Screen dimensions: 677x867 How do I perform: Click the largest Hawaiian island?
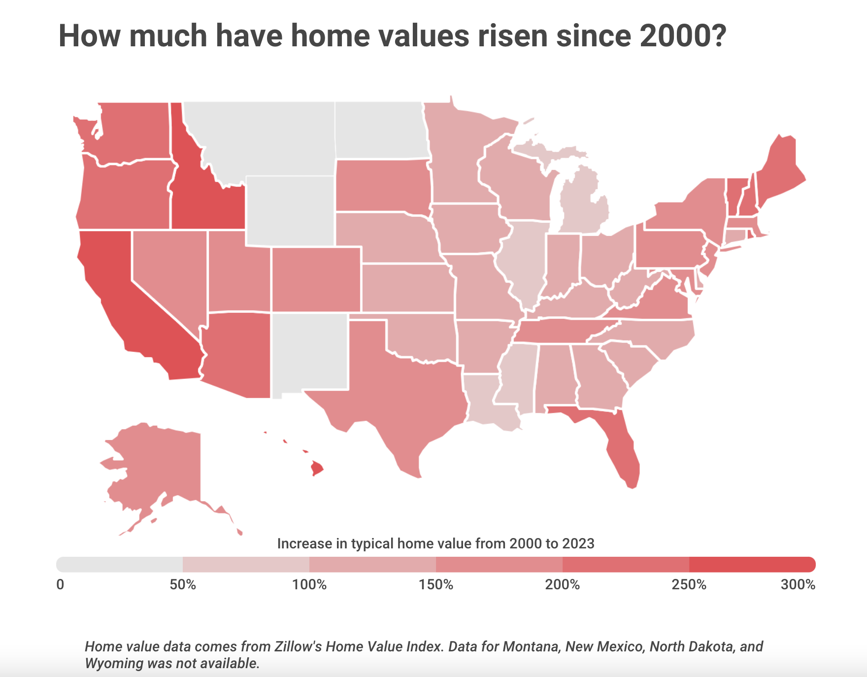click(317, 468)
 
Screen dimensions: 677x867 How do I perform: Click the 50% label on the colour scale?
click(183, 585)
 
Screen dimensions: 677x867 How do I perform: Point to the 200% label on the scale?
click(563, 585)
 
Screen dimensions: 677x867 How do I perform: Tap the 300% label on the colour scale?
click(798, 585)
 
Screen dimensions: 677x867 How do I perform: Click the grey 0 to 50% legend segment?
click(120, 564)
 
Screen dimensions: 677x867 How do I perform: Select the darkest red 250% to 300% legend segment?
click(752, 564)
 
